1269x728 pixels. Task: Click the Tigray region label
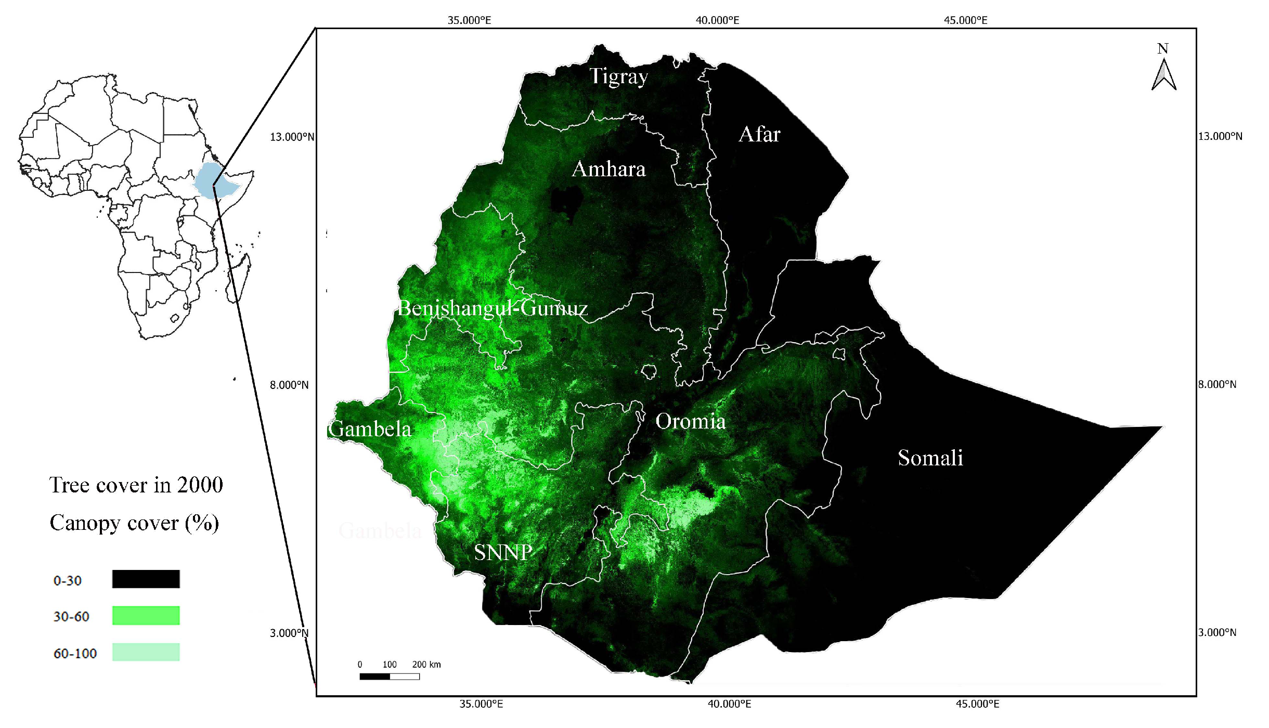point(618,76)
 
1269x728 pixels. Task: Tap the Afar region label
point(759,134)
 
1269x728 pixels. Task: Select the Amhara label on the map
point(608,169)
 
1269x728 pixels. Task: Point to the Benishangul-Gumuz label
point(492,308)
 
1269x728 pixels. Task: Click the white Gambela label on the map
point(370,429)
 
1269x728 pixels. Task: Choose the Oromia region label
point(690,421)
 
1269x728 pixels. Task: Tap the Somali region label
point(930,458)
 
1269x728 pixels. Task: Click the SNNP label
point(503,552)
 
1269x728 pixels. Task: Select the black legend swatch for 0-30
point(146,579)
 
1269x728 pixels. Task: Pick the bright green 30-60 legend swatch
point(146,615)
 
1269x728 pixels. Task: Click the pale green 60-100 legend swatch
point(146,652)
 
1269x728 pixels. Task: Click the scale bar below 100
point(390,677)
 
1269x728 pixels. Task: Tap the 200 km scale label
point(426,665)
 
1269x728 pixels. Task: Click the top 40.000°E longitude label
point(717,20)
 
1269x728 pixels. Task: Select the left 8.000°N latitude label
point(289,385)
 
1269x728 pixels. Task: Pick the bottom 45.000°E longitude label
point(977,704)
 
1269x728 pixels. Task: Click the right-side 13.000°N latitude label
point(1220,136)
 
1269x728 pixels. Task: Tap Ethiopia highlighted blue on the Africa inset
point(213,179)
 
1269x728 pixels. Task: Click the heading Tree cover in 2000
point(136,485)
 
